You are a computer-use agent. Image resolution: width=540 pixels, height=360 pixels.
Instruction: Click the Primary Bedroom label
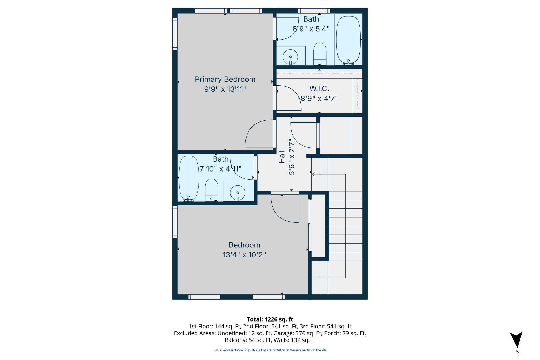pyautogui.click(x=225, y=79)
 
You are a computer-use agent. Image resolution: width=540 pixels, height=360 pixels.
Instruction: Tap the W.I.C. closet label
pyautogui.click(x=319, y=89)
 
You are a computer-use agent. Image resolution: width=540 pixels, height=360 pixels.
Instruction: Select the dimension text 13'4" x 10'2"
pyautogui.click(x=244, y=255)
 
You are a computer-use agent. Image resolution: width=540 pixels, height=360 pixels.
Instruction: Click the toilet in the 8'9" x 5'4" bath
pyautogui.click(x=320, y=54)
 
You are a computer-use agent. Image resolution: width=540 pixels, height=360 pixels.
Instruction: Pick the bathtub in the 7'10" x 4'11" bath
pyautogui.click(x=189, y=178)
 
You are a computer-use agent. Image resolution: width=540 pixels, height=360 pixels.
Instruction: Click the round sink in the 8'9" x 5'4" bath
pyautogui.click(x=290, y=57)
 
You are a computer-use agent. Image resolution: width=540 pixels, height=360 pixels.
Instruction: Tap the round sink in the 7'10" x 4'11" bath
pyautogui.click(x=238, y=193)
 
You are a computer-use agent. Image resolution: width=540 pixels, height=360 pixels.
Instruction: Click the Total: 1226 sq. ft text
pyautogui.click(x=270, y=319)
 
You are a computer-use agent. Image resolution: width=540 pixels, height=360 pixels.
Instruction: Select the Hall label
pyautogui.click(x=282, y=157)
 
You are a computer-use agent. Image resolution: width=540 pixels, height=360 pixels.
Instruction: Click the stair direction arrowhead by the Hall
pyautogui.click(x=313, y=174)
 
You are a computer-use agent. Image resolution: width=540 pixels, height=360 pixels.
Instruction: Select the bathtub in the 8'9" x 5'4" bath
pyautogui.click(x=348, y=40)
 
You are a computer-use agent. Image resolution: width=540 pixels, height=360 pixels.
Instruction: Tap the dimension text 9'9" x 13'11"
pyautogui.click(x=225, y=89)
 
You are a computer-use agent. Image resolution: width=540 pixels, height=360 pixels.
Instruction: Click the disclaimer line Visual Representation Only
pyautogui.click(x=270, y=350)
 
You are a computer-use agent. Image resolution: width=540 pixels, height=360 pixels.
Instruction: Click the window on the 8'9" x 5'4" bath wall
pyautogui.click(x=314, y=11)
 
